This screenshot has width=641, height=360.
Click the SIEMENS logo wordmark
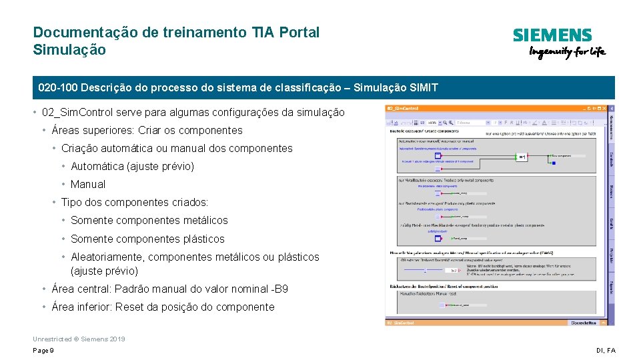(x=552, y=35)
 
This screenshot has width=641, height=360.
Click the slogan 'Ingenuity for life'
(x=567, y=53)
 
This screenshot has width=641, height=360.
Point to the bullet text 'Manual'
(x=88, y=184)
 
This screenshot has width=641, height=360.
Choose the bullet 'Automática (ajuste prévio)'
(x=132, y=166)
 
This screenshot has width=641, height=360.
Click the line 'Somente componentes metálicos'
(x=149, y=220)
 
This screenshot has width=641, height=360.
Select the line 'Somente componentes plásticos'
(x=147, y=239)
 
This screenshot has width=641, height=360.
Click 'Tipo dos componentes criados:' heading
(x=135, y=202)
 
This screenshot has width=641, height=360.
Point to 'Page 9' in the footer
(x=43, y=351)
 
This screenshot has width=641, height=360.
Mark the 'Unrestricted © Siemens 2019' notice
(x=79, y=339)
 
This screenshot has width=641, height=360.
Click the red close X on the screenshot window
(x=605, y=108)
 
